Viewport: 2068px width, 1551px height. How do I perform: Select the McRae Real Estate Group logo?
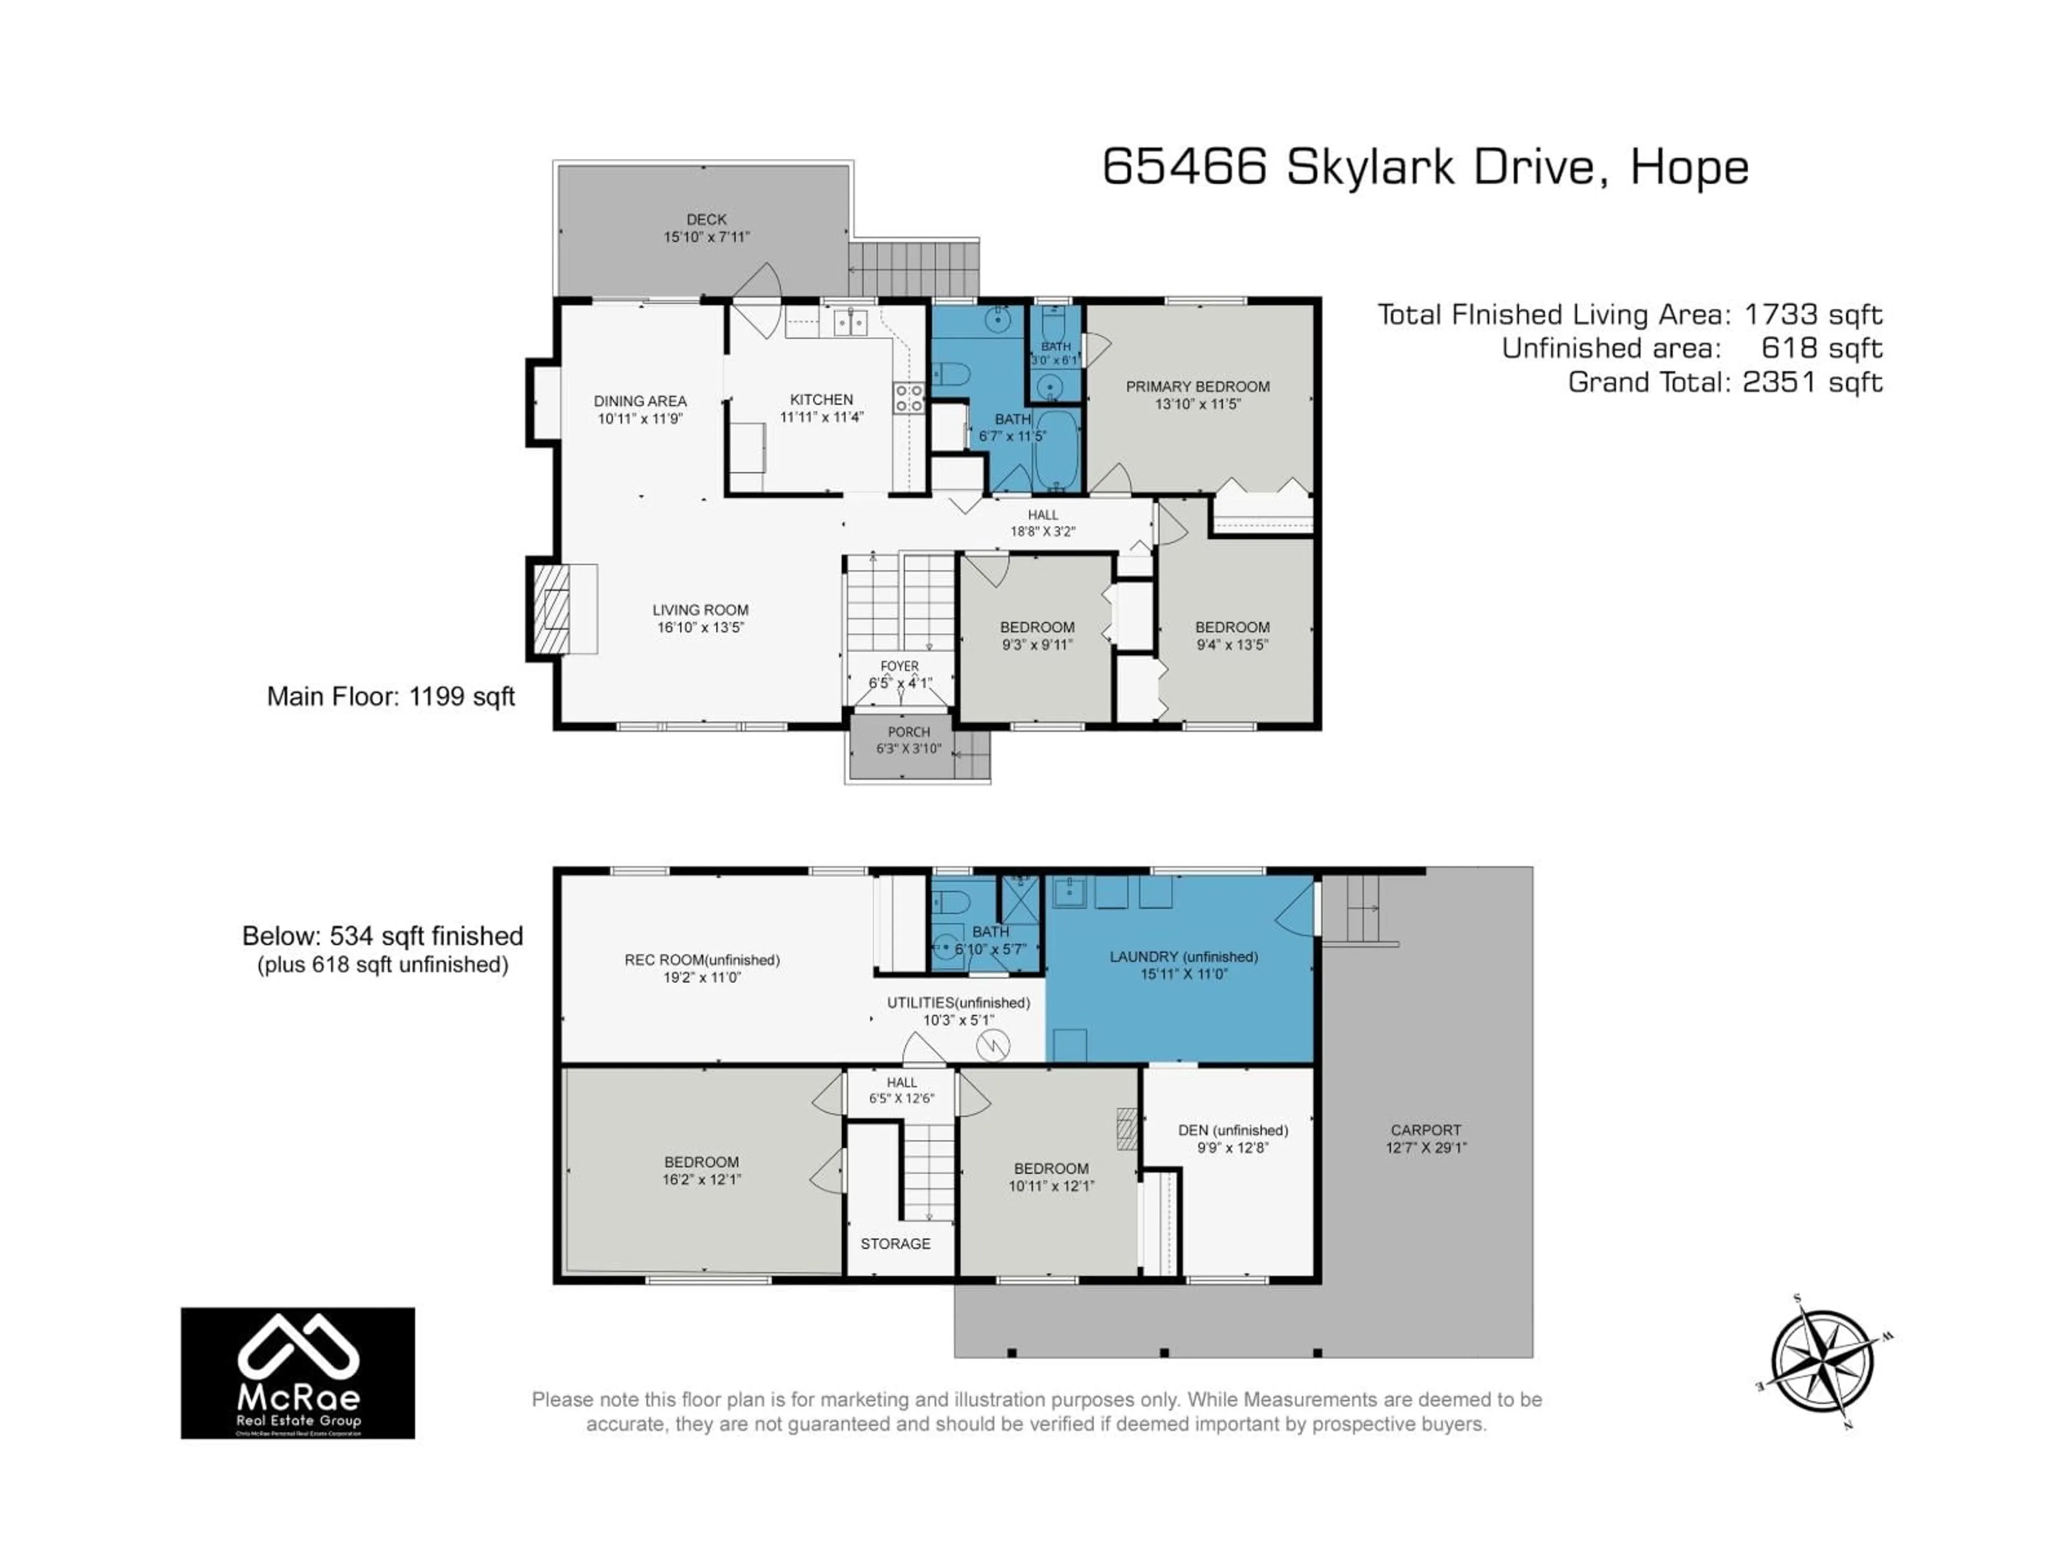click(297, 1372)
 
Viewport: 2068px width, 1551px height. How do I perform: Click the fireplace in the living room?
click(554, 609)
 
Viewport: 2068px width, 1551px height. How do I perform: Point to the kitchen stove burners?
click(908, 399)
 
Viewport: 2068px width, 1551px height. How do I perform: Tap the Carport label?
click(1425, 1130)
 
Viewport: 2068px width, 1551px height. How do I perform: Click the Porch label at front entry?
click(908, 732)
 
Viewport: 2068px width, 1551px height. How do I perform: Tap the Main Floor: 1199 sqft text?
click(391, 696)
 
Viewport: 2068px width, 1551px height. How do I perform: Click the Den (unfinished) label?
click(1232, 1130)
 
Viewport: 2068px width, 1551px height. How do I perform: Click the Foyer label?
click(899, 666)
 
